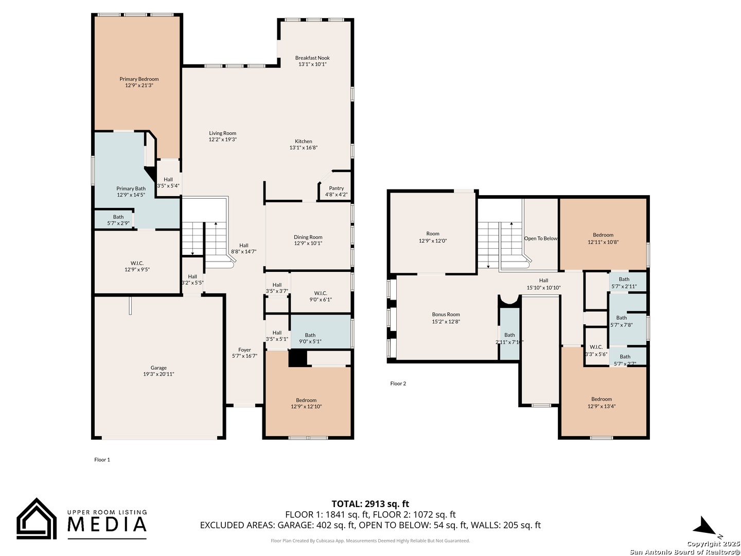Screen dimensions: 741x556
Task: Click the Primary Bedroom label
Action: click(139, 79)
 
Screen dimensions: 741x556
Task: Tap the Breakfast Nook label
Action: click(312, 58)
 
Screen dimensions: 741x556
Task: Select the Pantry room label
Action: click(336, 188)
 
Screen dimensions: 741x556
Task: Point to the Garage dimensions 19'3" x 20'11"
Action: click(158, 374)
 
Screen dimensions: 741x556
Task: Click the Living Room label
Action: click(222, 133)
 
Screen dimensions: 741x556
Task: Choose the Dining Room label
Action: click(308, 237)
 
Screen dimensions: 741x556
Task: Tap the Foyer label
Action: click(244, 350)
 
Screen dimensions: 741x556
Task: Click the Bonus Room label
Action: click(446, 314)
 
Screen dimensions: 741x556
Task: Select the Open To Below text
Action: click(540, 238)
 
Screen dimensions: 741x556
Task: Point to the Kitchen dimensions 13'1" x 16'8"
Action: click(304, 148)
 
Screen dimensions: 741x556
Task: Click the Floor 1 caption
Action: click(102, 459)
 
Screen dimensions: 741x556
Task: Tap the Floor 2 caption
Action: click(398, 384)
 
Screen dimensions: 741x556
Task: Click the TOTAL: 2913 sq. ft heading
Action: click(370, 504)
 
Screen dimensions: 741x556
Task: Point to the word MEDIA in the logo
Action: click(107, 524)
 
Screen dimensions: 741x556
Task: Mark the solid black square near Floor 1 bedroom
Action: click(297, 358)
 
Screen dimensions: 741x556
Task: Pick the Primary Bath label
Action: click(131, 189)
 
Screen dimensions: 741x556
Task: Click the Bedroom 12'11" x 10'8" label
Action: click(603, 238)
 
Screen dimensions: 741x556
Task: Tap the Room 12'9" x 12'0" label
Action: click(433, 237)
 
